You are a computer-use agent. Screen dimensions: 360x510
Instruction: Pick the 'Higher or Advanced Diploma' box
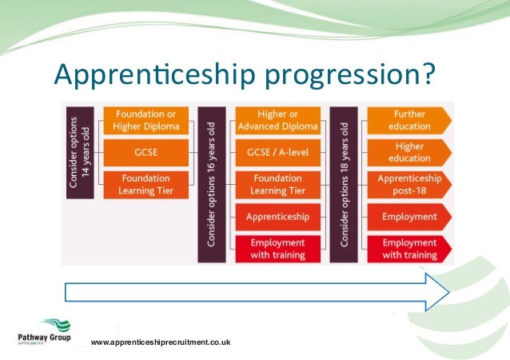pos(277,119)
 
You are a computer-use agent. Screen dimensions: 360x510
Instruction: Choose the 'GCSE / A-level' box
pos(277,151)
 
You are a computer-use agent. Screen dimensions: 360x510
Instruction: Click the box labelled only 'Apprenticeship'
pos(277,216)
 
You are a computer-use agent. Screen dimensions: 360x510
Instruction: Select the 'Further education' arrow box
pos(408,119)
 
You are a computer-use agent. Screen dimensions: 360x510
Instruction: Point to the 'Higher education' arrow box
pos(408,151)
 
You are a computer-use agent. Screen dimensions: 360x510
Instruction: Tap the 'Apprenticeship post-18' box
pos(408,184)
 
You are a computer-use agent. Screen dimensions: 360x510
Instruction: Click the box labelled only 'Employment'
pos(408,216)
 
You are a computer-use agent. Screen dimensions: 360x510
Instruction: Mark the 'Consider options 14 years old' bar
pos(80,151)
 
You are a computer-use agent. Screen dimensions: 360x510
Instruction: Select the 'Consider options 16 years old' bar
pos(210,183)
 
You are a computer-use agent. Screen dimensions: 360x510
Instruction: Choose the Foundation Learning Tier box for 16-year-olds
pos(277,184)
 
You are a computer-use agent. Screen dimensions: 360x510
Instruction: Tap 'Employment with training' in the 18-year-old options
pos(408,249)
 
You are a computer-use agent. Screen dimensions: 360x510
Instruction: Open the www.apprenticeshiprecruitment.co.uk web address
pos(161,342)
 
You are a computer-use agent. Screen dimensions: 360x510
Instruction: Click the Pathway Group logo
pos(44,331)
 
